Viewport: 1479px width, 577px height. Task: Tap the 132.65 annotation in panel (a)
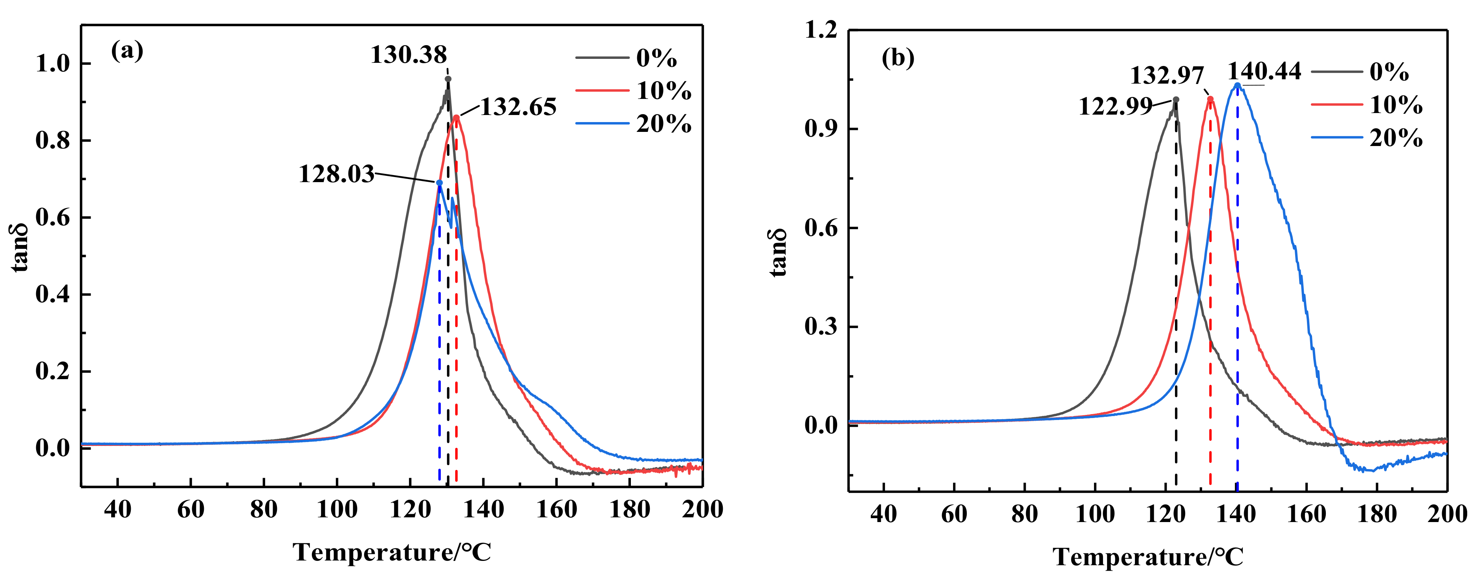click(518, 107)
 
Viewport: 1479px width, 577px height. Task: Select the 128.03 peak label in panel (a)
click(336, 174)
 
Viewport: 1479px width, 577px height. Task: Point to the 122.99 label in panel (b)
click(1115, 107)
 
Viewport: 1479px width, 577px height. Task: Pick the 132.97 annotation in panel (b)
click(1167, 76)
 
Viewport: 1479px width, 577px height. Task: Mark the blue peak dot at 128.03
click(439, 183)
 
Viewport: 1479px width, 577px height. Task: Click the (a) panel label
click(127, 51)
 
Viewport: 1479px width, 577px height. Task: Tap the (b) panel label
click(897, 58)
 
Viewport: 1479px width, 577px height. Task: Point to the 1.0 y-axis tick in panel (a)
click(52, 64)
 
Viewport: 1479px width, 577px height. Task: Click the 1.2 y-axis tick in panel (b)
click(821, 30)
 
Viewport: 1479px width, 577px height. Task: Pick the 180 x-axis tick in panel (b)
click(1377, 514)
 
